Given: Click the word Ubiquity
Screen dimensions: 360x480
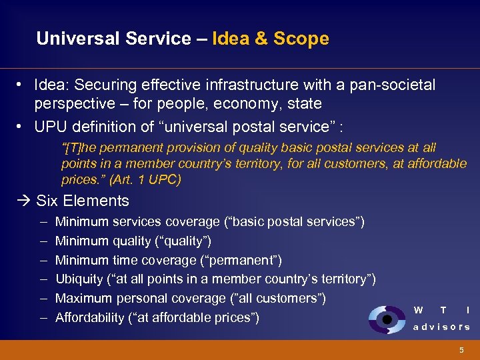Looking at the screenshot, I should (79, 279).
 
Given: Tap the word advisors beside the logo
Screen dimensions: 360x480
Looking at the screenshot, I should (441, 327).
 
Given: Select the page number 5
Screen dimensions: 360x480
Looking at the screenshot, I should (461, 350).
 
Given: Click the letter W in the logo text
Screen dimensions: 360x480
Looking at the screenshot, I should (418, 310).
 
